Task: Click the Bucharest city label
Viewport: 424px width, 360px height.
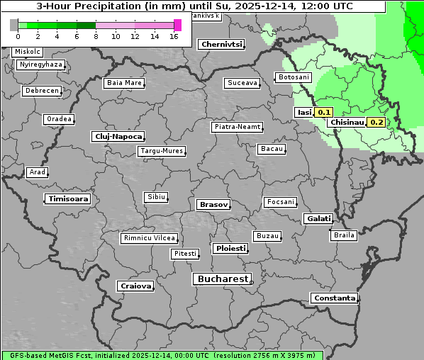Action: pyautogui.click(x=223, y=279)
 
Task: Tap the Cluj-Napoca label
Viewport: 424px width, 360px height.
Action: pyautogui.click(x=118, y=136)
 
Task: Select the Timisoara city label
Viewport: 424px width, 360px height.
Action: pyautogui.click(x=68, y=199)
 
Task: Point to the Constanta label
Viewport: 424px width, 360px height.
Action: pyautogui.click(x=334, y=298)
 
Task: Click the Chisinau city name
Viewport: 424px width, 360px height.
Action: pyautogui.click(x=347, y=122)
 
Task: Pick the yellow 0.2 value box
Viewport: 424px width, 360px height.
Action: pyautogui.click(x=376, y=122)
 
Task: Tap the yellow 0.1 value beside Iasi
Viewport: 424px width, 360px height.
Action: pyautogui.click(x=323, y=112)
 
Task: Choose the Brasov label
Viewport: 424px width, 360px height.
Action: pyautogui.click(x=213, y=204)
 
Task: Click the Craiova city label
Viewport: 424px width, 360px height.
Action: pyautogui.click(x=135, y=286)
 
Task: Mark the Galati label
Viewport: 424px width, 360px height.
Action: pyautogui.click(x=318, y=218)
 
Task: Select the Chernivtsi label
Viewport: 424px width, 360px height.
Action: pyautogui.click(x=222, y=44)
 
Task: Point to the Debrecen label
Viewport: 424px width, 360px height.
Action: pyautogui.click(x=41, y=91)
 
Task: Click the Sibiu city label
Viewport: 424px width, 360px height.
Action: pyautogui.click(x=155, y=196)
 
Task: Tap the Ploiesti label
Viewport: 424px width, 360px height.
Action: pyautogui.click(x=230, y=249)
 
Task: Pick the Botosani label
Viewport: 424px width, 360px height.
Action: pyautogui.click(x=294, y=77)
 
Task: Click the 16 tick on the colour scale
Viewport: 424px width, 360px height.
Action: pyautogui.click(x=174, y=37)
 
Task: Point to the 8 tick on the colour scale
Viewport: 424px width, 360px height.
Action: pyautogui.click(x=96, y=37)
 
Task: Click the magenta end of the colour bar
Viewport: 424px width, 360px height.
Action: pyautogui.click(x=177, y=25)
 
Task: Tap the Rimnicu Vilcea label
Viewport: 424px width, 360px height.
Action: pyautogui.click(x=149, y=238)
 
